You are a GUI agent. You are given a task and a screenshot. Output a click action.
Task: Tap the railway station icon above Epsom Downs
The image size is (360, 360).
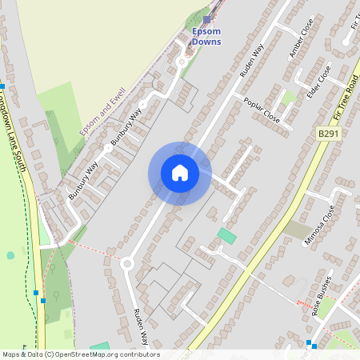tap(206, 19)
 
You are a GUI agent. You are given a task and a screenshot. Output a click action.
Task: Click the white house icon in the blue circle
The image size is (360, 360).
tap(179, 173)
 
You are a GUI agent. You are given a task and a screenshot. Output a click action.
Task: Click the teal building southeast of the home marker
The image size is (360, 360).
tap(227, 235)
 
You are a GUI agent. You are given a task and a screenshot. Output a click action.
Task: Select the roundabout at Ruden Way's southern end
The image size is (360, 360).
tap(126, 262)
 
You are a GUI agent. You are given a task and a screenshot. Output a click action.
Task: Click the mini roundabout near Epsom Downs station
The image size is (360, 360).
tap(182, 61)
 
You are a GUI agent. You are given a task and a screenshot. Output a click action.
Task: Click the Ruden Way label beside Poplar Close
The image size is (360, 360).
tap(252, 60)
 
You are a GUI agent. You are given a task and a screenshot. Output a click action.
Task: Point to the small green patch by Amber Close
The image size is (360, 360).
tap(289, 98)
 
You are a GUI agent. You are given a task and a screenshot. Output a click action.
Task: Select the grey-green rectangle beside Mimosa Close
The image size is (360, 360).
tap(298, 231)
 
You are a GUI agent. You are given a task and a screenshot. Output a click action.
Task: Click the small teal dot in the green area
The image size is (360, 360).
tap(10, 255)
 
